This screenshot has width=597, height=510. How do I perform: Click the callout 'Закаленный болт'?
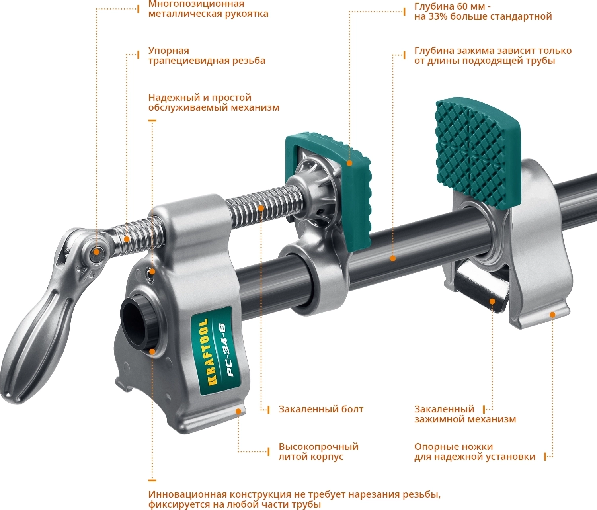pos(321,409)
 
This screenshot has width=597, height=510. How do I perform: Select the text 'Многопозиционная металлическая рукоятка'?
pos(208,9)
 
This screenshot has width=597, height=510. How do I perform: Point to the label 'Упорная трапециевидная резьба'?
pos(207,55)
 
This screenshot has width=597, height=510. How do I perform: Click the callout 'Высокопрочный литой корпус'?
pos(318,451)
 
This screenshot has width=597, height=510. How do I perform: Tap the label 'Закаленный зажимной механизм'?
pos(465,414)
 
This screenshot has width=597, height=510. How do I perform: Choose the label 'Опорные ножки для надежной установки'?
pos(475,451)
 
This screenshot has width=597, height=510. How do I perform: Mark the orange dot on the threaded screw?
pos(261,208)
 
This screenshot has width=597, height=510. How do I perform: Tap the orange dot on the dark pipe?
pos(392,258)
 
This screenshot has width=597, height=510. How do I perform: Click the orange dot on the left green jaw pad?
pos(349,163)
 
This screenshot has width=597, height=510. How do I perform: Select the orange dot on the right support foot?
pos(552,315)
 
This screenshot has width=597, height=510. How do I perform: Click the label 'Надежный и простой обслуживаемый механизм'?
pos(214,102)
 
